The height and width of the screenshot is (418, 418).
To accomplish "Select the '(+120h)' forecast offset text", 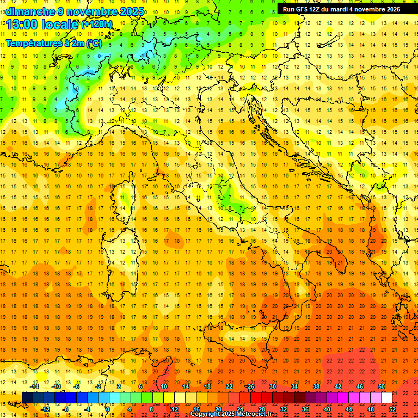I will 96,24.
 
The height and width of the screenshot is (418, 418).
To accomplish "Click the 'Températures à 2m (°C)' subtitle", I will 53,43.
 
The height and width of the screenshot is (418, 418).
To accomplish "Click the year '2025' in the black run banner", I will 391,9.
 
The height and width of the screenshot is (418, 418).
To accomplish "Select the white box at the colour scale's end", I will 386,398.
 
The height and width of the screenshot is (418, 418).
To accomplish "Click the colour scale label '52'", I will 392,409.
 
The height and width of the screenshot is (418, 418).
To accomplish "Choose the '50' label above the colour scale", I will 381,386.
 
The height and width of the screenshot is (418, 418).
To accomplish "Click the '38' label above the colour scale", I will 316,386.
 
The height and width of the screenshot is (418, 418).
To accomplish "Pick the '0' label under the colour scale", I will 108,409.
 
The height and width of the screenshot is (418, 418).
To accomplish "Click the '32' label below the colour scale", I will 284,409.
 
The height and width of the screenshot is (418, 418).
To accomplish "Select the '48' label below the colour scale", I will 371,409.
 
